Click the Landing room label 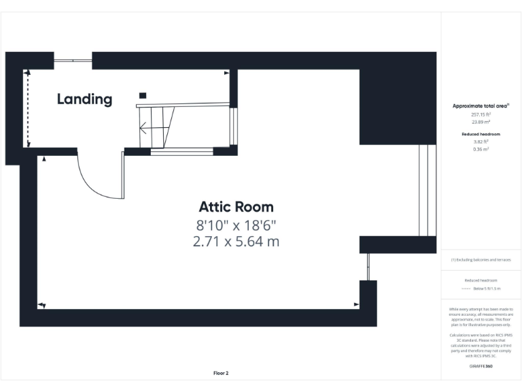pyautogui.click(x=84, y=99)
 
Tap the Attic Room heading pyautogui.click(x=236, y=207)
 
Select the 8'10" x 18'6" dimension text pyautogui.click(x=236, y=225)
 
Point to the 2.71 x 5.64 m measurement pyautogui.click(x=236, y=241)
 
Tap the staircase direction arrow pyautogui.click(x=145, y=127)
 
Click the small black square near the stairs pyautogui.click(x=142, y=96)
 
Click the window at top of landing pyautogui.click(x=73, y=61)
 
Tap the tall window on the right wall pyautogui.click(x=427, y=191)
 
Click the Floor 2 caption pyautogui.click(x=221, y=373)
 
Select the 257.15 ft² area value pyautogui.click(x=481, y=115)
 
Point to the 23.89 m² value pyautogui.click(x=481, y=122)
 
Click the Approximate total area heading pyautogui.click(x=481, y=105)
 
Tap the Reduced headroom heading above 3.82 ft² pyautogui.click(x=481, y=134)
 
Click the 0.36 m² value pyautogui.click(x=481, y=150)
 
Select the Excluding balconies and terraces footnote pyautogui.click(x=481, y=260)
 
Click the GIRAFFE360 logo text pyautogui.click(x=481, y=367)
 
